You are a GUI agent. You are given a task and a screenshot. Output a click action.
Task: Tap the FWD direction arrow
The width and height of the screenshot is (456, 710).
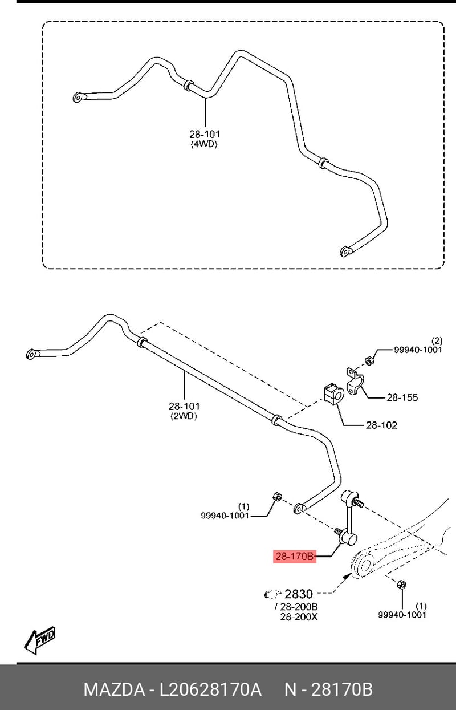click(39, 636)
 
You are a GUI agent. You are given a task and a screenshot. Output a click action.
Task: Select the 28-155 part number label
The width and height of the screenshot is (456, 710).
click(402, 397)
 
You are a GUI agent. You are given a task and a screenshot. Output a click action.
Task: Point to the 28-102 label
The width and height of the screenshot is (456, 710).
click(381, 425)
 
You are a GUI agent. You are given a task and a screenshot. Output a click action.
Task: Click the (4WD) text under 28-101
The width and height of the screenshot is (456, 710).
click(205, 144)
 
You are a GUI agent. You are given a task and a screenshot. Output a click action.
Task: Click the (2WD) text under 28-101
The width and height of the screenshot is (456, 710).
click(184, 416)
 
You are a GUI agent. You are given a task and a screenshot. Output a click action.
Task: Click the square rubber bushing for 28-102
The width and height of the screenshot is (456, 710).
click(333, 394)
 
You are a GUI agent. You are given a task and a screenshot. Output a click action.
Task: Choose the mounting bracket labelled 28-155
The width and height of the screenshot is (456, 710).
click(355, 381)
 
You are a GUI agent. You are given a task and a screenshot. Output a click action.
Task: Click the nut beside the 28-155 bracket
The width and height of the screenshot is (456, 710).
click(369, 360)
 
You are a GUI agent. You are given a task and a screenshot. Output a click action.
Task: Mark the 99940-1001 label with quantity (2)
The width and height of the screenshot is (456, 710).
click(418, 346)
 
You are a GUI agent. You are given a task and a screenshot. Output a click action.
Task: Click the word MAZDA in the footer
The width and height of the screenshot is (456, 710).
click(114, 689)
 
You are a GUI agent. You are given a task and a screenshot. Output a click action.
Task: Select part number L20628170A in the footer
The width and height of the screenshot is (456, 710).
click(210, 689)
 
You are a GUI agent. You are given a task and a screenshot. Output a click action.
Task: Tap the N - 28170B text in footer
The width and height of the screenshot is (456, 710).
click(328, 689)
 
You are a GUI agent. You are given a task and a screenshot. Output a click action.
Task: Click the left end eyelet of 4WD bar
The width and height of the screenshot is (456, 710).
click(78, 98)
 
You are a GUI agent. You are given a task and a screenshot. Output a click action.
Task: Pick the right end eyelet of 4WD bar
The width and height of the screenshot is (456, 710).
click(346, 251)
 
